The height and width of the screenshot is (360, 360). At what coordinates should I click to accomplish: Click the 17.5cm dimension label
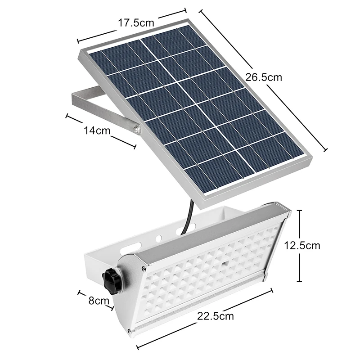tap(136, 23)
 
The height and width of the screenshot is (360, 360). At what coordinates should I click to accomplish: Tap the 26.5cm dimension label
tap(264, 77)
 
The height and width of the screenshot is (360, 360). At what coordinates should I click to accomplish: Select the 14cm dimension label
tap(97, 130)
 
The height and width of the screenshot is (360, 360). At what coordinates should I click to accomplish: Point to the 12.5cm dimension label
tap(302, 246)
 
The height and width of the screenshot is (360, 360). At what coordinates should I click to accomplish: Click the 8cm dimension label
tap(99, 301)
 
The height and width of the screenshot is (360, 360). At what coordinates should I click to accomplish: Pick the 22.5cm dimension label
tap(216, 316)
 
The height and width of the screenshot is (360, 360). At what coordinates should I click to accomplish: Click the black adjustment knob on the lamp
tap(111, 280)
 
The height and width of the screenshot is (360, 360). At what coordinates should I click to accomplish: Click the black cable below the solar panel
tap(188, 217)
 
